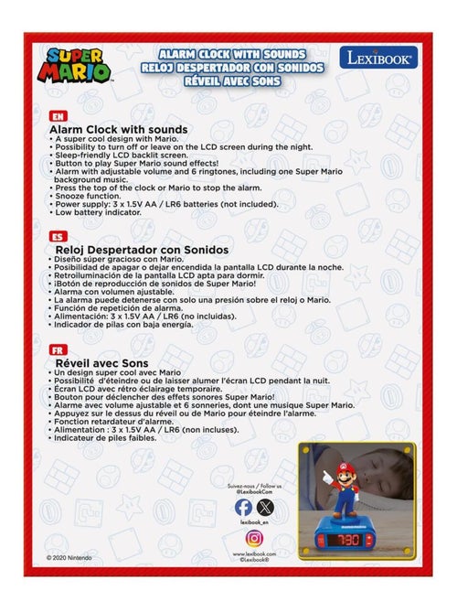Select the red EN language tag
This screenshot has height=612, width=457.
click(x=58, y=116)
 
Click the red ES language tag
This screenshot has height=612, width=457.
click(x=58, y=235)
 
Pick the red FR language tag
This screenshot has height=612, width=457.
click(x=58, y=349)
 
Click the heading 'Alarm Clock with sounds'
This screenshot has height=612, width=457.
click(x=122, y=130)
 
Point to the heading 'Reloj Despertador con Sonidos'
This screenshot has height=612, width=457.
click(x=142, y=249)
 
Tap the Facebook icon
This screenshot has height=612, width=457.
click(x=244, y=506)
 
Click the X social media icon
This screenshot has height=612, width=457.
click(x=265, y=506)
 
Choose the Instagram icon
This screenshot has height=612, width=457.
click(x=255, y=538)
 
